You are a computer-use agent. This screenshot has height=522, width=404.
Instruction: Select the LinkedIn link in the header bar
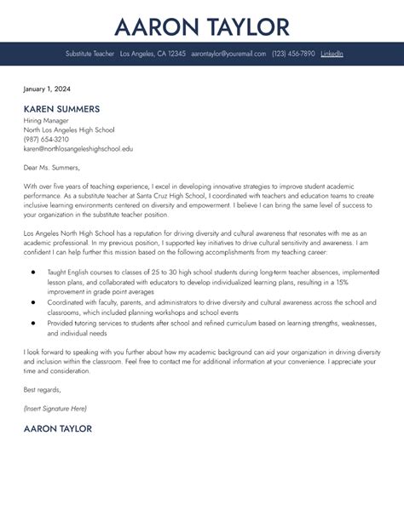(332, 54)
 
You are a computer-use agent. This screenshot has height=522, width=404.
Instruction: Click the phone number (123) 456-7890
(293, 54)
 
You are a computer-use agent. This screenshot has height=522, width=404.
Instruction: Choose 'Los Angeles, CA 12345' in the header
(153, 54)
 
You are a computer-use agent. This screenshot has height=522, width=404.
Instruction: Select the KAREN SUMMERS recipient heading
(61, 109)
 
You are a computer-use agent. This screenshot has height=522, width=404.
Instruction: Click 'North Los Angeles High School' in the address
(70, 129)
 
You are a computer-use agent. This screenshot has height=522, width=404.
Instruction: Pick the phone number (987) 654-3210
(47, 139)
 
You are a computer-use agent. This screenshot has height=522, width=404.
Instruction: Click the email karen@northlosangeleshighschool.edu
(78, 148)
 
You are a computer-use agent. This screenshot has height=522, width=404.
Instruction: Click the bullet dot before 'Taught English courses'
(32, 272)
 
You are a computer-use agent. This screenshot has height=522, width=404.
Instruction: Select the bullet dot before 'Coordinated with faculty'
(32, 301)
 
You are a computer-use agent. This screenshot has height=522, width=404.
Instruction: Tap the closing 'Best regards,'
(42, 391)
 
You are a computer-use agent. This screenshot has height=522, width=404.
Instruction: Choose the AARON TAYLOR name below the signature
(58, 429)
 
